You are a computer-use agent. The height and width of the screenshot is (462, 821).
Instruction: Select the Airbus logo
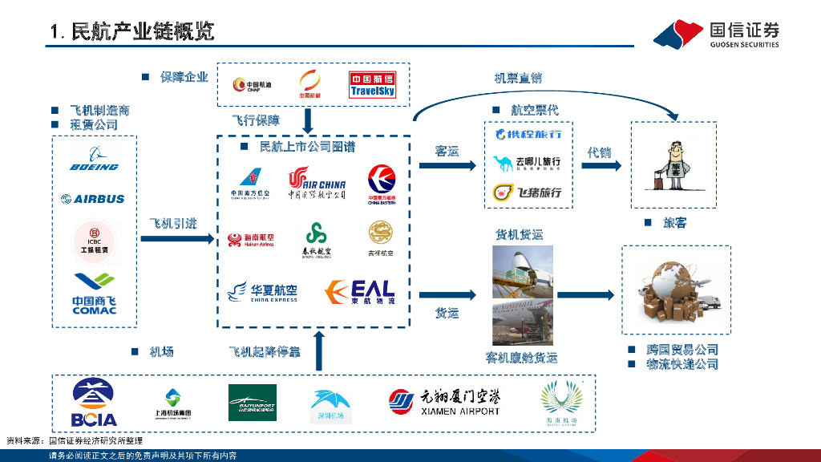click(94, 198)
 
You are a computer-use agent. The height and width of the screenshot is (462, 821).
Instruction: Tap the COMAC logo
click(94, 294)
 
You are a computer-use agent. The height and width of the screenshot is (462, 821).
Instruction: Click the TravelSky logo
click(372, 85)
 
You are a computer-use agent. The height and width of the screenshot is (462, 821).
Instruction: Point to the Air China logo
click(317, 182)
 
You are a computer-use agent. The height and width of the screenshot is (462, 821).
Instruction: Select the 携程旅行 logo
click(528, 134)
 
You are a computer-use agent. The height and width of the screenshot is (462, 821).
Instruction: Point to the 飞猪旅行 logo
click(528, 192)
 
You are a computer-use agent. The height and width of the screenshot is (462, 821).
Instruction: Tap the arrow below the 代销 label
click(601, 165)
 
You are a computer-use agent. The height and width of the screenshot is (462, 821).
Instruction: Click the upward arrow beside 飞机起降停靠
click(320, 351)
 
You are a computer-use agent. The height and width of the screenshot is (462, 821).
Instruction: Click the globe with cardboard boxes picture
click(676, 289)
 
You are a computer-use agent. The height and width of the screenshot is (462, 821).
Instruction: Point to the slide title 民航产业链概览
click(132, 31)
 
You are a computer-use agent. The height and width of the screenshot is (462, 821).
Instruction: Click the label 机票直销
click(517, 78)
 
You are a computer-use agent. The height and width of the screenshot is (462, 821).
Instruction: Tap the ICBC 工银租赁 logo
click(94, 240)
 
